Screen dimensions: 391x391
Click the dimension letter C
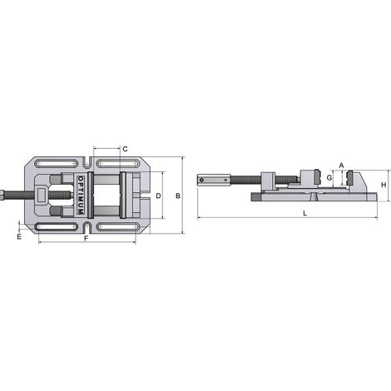click(125, 149)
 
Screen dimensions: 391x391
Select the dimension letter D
click(158, 196)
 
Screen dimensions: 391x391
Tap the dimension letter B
click(178, 196)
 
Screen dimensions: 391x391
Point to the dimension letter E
click(19, 237)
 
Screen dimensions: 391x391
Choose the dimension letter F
click(87, 239)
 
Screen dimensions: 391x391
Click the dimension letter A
click(341, 166)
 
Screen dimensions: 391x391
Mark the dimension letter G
click(329, 178)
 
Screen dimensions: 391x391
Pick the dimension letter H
click(384, 185)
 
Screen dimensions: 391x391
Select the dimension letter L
click(304, 214)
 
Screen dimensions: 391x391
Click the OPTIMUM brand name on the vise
click(81, 195)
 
